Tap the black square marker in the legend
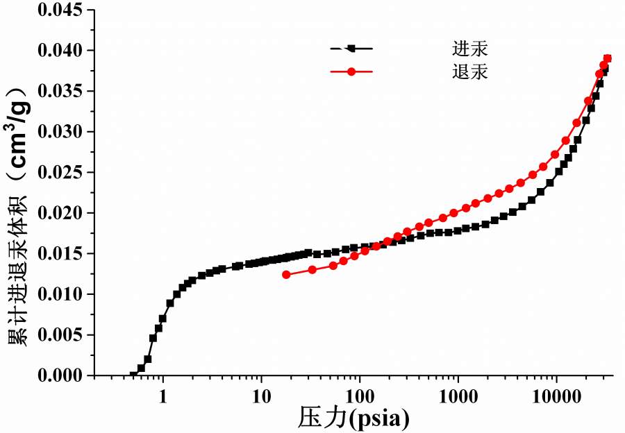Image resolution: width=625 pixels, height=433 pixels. (351, 48)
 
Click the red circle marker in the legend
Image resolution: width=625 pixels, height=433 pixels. (351, 71)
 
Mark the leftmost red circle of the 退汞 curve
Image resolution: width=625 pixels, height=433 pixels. (286, 274)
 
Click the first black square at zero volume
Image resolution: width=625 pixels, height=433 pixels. (133, 375)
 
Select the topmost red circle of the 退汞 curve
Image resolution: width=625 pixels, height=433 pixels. (608, 58)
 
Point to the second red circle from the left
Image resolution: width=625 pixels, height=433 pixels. (312, 269)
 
